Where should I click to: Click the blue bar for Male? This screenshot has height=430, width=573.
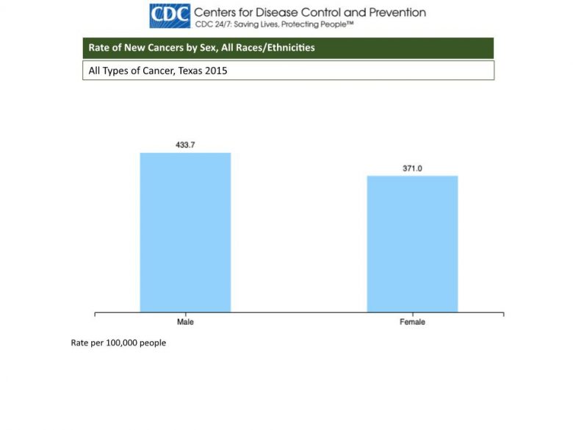click(185, 232)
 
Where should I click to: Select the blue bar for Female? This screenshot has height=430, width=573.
click(412, 243)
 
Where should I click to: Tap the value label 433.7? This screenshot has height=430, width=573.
click(185, 145)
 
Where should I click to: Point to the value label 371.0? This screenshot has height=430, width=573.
click(412, 168)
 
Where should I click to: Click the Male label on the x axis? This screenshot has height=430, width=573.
click(185, 322)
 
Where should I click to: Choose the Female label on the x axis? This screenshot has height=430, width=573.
click(412, 322)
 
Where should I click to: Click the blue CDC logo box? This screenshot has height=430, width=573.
click(170, 15)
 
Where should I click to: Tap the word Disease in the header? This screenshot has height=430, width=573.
click(275, 12)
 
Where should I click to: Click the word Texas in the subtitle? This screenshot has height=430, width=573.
click(195, 71)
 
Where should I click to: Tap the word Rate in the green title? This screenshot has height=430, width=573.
click(99, 49)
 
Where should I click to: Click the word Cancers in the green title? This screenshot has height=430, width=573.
click(161, 49)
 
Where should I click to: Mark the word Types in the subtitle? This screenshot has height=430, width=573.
click(118, 71)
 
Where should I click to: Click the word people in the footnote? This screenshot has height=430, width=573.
click(154, 343)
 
